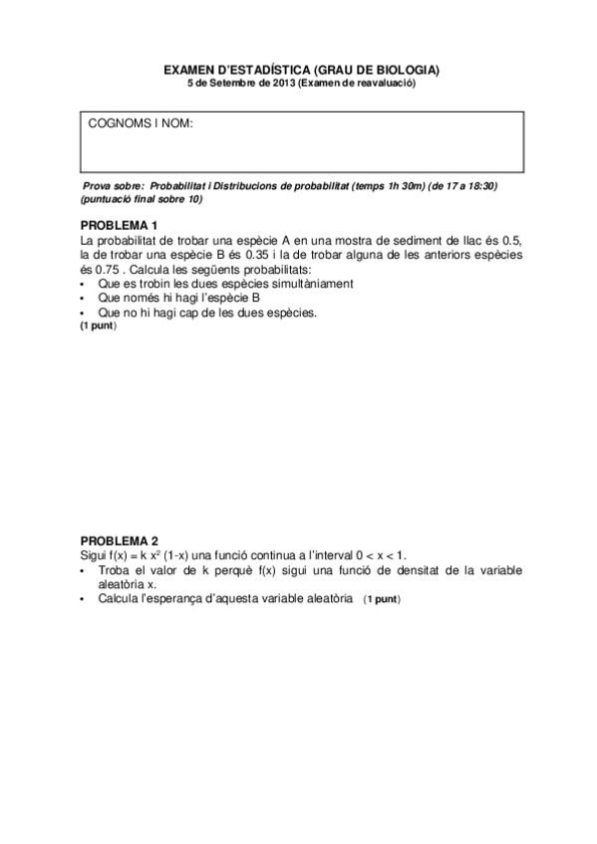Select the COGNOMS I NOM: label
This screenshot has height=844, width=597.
141,123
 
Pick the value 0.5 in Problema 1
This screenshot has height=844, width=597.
512,241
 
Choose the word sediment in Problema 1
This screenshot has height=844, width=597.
403,241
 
